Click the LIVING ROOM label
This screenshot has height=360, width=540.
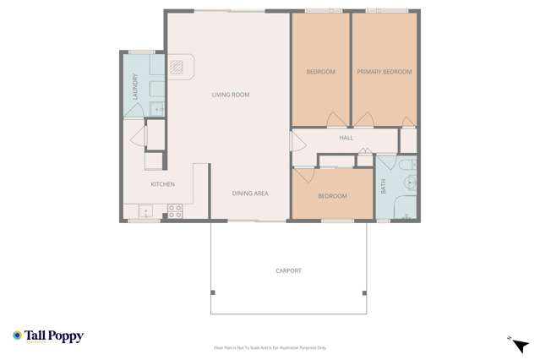[x=230, y=95]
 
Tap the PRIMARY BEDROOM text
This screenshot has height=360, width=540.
[x=384, y=72]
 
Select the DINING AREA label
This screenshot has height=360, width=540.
[x=250, y=194]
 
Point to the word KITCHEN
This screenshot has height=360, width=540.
[x=162, y=184]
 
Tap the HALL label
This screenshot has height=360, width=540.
[x=346, y=138]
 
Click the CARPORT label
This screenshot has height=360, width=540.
[x=288, y=270]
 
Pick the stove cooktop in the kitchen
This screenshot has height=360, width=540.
[x=175, y=210]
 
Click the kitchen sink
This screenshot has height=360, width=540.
[x=145, y=211]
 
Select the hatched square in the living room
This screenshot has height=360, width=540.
[x=176, y=67]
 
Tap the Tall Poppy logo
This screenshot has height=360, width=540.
[x=48, y=335]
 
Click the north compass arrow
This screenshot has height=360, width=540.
[x=520, y=344]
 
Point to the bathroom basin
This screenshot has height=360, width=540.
[x=410, y=181]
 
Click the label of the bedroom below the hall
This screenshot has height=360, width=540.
[x=332, y=196]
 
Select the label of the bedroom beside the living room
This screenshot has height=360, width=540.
[x=320, y=72]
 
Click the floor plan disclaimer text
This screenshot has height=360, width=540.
[x=270, y=347]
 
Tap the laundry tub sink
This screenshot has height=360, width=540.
[x=157, y=107]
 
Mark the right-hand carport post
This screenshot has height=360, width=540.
[x=364, y=293]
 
